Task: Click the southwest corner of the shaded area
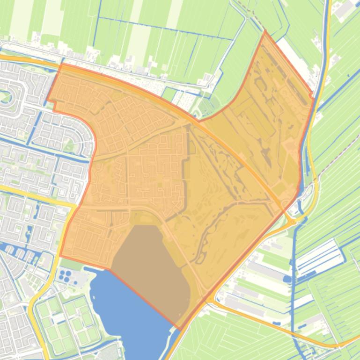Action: click(x=60, y=256)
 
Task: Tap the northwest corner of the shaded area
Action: click(x=60, y=65)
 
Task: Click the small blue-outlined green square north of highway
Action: click(x=169, y=94)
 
